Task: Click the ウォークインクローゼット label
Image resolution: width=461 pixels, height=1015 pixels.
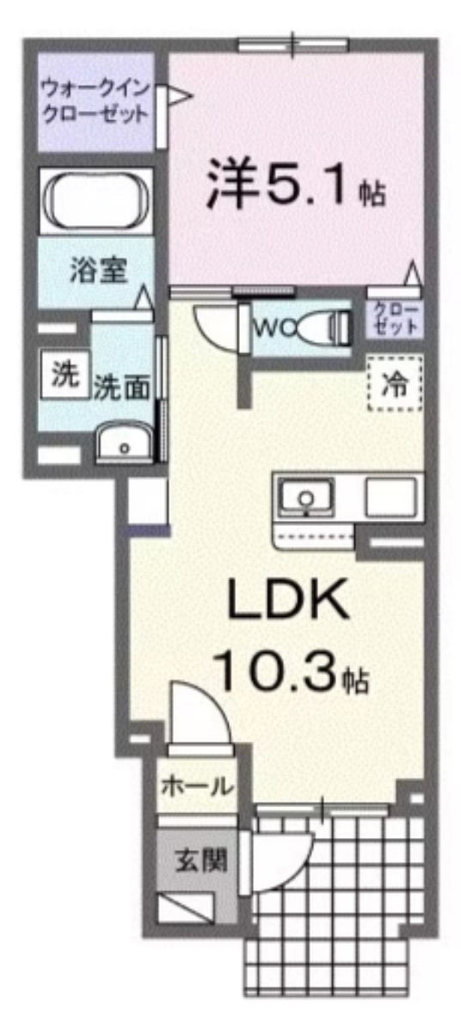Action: pyautogui.click(x=95, y=101)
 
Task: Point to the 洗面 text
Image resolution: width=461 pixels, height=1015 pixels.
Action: pyautogui.click(x=121, y=388)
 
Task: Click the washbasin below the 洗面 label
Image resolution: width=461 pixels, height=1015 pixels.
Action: pyautogui.click(x=126, y=444)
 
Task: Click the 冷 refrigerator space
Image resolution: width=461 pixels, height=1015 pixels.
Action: pyautogui.click(x=395, y=381)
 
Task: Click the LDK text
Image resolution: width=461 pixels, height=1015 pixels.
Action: pyautogui.click(x=288, y=600)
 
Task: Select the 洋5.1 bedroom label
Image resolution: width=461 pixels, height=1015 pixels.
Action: pyautogui.click(x=292, y=187)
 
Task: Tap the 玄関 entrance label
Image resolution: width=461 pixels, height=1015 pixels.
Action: pyautogui.click(x=196, y=859)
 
